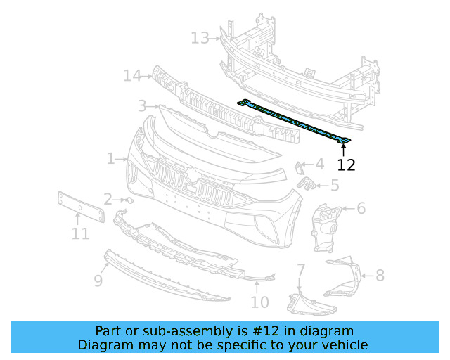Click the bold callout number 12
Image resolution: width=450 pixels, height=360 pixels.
(x=346, y=165)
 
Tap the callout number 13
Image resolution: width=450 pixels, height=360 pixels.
(x=200, y=37)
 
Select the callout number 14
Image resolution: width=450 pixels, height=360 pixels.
(x=132, y=75)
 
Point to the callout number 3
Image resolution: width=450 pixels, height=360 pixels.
(x=142, y=106)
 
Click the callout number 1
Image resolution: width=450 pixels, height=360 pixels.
(x=111, y=159)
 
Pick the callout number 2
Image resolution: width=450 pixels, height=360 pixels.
(x=108, y=200)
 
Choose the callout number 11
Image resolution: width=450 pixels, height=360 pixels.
(x=80, y=233)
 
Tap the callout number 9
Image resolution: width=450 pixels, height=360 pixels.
(x=98, y=281)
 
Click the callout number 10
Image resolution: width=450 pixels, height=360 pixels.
(x=259, y=302)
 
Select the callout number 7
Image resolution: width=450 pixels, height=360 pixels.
(x=300, y=270)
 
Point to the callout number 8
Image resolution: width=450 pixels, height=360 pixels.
(x=380, y=276)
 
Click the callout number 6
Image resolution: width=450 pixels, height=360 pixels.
(x=361, y=208)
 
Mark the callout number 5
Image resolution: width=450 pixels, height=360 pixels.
(x=334, y=186)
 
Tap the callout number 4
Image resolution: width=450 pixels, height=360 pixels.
(x=319, y=165)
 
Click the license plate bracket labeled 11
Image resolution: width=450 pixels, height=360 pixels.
(x=79, y=207)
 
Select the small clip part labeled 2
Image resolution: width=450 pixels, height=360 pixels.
(x=128, y=200)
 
